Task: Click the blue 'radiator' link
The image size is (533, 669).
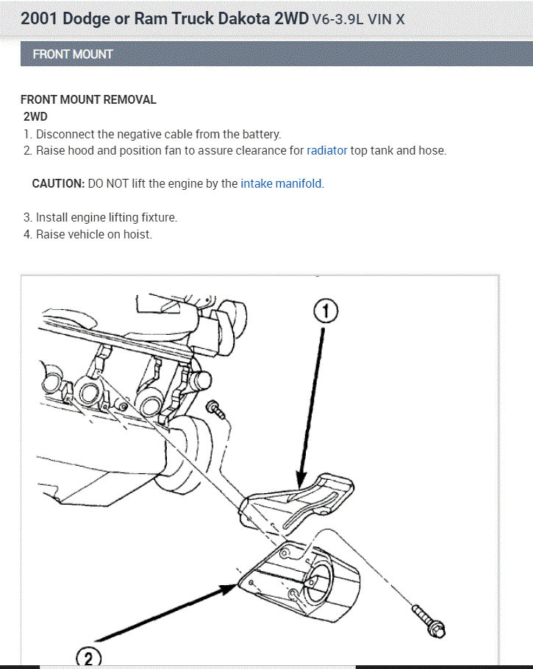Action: tap(327, 151)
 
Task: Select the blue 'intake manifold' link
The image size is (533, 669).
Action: tap(282, 184)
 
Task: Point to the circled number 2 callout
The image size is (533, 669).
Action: tap(90, 657)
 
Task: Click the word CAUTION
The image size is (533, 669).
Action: tap(58, 184)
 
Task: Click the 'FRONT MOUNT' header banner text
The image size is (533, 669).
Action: tap(73, 54)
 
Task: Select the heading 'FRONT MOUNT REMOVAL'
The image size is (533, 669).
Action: tap(88, 100)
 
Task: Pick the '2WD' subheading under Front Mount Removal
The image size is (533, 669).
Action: tap(35, 117)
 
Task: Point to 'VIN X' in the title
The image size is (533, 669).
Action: tap(387, 19)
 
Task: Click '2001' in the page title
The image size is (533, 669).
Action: tap(39, 18)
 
